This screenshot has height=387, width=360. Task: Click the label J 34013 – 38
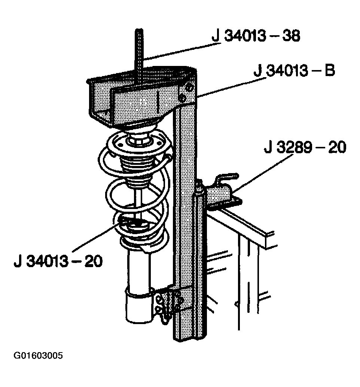click(x=256, y=36)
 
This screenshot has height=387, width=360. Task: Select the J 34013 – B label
click(x=295, y=70)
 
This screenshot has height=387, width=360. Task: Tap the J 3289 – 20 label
click(x=305, y=147)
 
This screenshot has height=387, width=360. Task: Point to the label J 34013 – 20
click(x=58, y=261)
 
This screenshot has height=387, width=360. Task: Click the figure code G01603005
click(x=38, y=356)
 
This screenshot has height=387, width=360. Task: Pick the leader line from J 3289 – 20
click(x=262, y=173)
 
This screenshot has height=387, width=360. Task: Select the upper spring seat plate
click(x=139, y=146)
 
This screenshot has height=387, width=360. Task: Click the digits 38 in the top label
click(x=291, y=36)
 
